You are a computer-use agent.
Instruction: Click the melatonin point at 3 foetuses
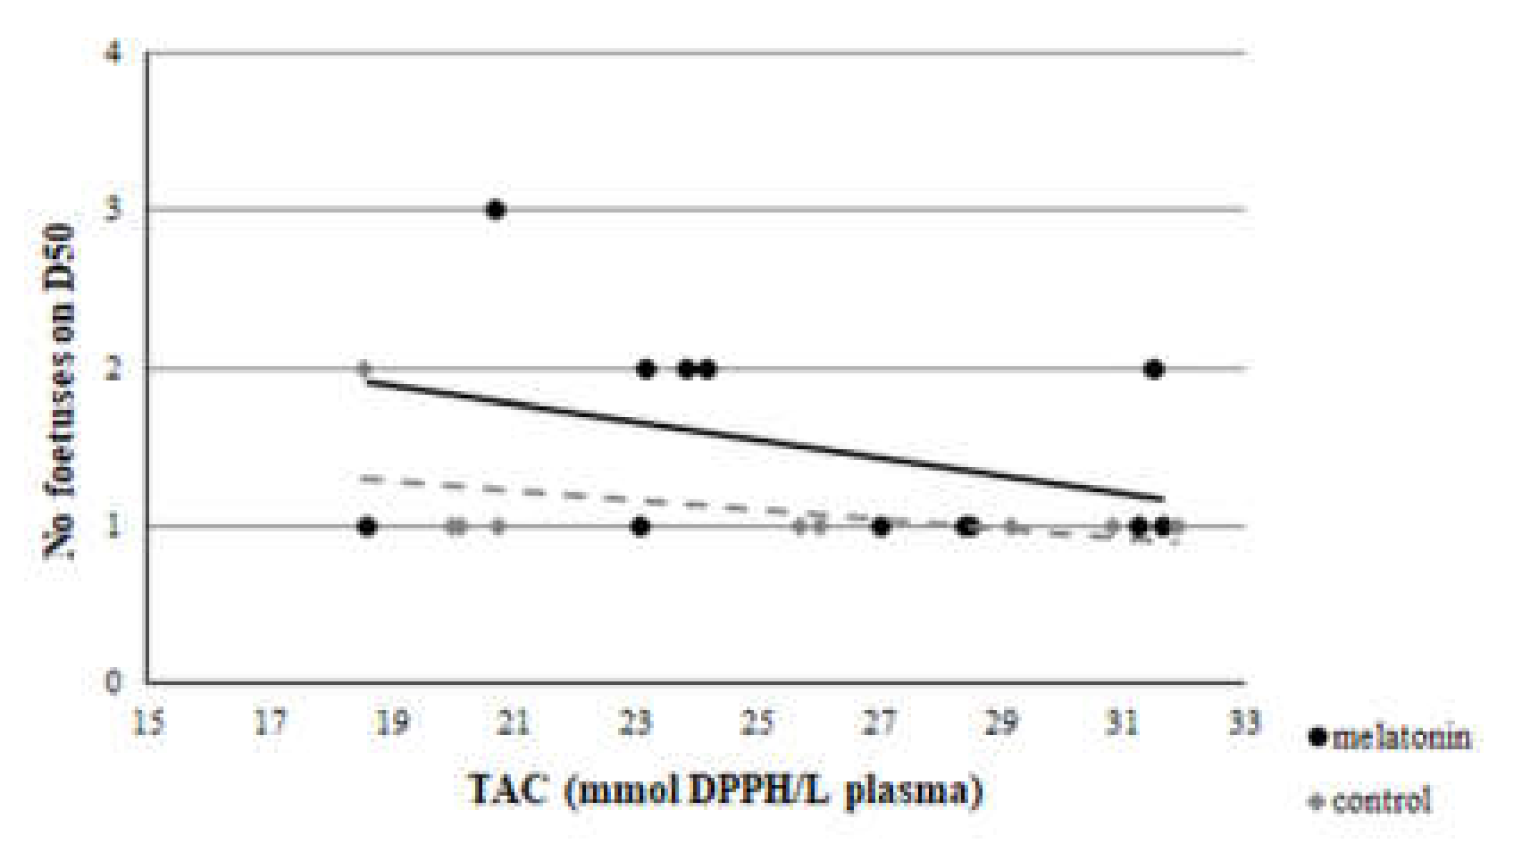pyautogui.click(x=496, y=210)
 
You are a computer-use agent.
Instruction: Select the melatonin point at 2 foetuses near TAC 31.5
pyautogui.click(x=1153, y=369)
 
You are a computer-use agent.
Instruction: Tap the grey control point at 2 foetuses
pyautogui.click(x=364, y=368)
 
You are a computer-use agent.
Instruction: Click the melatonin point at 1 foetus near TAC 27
pyautogui.click(x=881, y=527)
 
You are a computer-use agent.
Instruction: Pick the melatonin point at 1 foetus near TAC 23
pyautogui.click(x=640, y=526)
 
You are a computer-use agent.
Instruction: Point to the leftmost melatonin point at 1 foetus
pyautogui.click(x=366, y=526)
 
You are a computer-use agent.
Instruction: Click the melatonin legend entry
pyautogui.click(x=1390, y=738)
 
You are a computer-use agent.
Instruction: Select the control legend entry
pyautogui.click(x=1370, y=801)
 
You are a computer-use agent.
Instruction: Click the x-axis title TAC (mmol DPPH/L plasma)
pyautogui.click(x=725, y=790)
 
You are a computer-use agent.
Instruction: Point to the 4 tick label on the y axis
pyautogui.click(x=113, y=53)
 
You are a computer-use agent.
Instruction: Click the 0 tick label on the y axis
pyautogui.click(x=113, y=682)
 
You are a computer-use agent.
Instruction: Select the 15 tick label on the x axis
pyautogui.click(x=148, y=722)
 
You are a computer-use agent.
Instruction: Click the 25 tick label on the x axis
pyautogui.click(x=757, y=722)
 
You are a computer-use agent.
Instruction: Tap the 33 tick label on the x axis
pyautogui.click(x=1243, y=722)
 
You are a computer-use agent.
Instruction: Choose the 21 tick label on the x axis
pyautogui.click(x=514, y=722)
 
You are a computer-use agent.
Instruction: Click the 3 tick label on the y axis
pyautogui.click(x=113, y=210)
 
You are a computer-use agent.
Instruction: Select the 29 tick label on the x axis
pyautogui.click(x=1000, y=722)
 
